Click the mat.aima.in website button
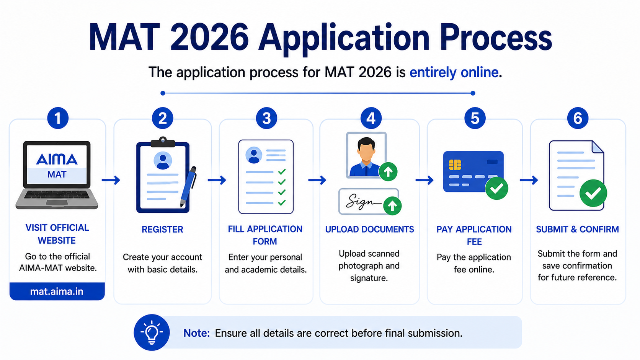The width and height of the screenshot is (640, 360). point(57,291)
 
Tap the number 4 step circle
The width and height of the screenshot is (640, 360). point(371,118)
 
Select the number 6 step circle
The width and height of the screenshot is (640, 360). point(578,118)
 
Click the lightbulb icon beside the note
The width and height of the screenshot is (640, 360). point(152,332)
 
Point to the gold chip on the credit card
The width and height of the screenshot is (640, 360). point(455,165)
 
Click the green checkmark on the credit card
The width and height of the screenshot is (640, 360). point(496,188)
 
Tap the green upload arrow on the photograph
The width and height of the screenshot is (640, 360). point(388,171)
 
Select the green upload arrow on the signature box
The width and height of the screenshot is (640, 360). point(392,205)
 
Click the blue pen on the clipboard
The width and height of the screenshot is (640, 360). point(188,187)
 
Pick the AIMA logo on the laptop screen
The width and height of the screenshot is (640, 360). point(57,159)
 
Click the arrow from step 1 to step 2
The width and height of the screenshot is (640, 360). point(111,180)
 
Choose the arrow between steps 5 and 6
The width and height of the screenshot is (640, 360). point(529,180)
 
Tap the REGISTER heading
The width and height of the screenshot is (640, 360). point(162,230)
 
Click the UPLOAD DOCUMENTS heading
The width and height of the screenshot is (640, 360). point(369,229)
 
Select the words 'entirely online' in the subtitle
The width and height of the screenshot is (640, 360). point(454,72)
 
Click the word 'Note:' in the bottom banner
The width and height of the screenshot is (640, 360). point(197,333)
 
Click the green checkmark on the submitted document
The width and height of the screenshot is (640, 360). point(593,193)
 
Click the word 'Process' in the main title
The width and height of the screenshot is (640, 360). point(496,38)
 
